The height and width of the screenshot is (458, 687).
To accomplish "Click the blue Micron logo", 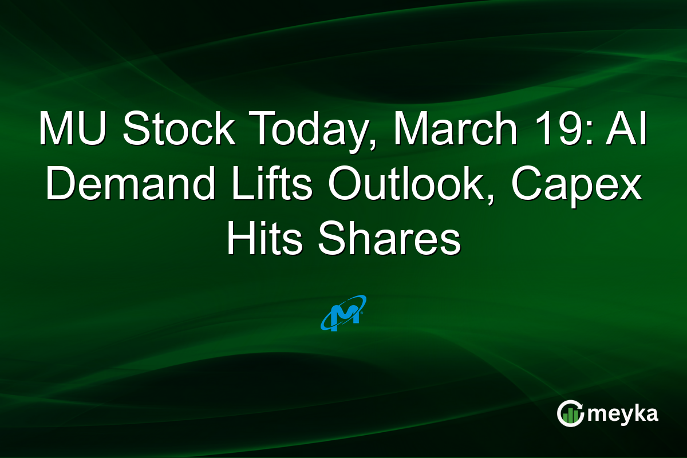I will click(x=343, y=313).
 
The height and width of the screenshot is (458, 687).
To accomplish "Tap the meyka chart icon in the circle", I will click(x=571, y=413).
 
